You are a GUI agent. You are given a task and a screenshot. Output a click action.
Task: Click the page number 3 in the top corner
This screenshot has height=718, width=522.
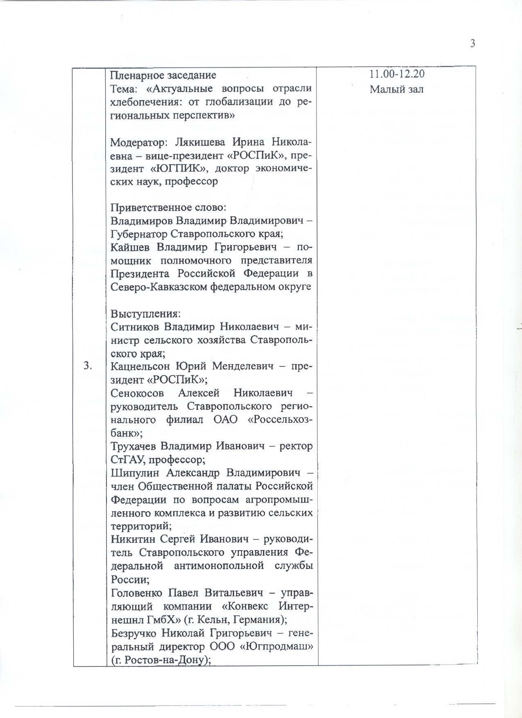pyautogui.click(x=472, y=43)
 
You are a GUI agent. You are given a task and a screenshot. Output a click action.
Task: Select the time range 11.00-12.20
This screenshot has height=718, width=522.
pyautogui.click(x=397, y=74)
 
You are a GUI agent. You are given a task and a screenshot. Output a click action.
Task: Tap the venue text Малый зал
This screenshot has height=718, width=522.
pyautogui.click(x=396, y=89)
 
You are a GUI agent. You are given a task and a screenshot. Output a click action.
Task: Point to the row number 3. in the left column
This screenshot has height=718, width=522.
pyautogui.click(x=88, y=366)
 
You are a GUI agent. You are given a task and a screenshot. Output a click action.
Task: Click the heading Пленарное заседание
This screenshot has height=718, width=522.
pyautogui.click(x=163, y=75)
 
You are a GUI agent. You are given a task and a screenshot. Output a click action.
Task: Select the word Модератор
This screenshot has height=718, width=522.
pyautogui.click(x=138, y=142)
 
